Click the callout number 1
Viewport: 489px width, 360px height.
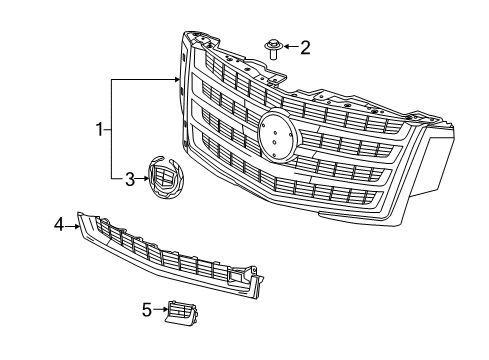[100, 128]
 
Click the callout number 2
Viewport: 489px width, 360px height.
[306, 46]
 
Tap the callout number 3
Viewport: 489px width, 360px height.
[129, 180]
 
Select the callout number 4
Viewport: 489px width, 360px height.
[58, 225]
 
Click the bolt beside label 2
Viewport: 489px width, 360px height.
[272, 49]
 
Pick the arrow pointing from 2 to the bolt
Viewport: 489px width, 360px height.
[290, 46]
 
